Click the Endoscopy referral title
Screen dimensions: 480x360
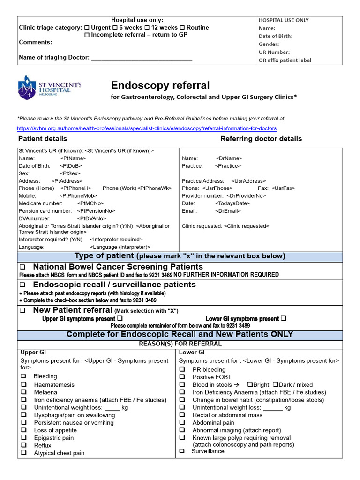pos(160,85)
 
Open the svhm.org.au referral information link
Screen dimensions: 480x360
pos(147,128)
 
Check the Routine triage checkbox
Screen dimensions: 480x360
pos(182,28)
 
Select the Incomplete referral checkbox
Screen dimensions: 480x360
pos(87,35)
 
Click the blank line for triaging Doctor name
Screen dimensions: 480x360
pos(141,58)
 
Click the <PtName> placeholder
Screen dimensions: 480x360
pos(73,158)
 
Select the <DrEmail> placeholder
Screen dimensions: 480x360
pos(228,211)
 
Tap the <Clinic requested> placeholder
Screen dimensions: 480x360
pos(247,226)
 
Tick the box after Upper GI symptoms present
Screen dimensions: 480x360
pos(120,319)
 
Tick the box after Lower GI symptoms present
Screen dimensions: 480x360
pos(283,319)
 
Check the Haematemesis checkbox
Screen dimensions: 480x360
pos(23,385)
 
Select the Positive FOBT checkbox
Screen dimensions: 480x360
pos(182,377)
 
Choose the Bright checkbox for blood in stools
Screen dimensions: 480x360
pos(250,385)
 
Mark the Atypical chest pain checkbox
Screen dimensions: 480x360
pos(23,453)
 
